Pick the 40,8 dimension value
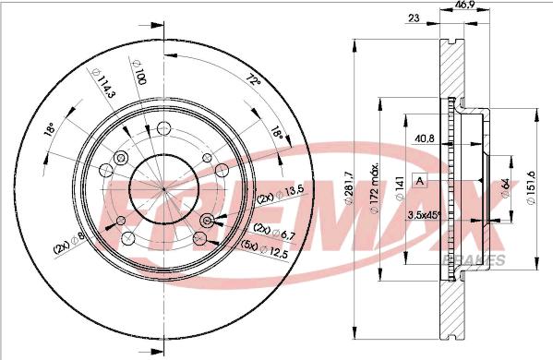click(424, 138)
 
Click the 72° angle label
click(253, 78)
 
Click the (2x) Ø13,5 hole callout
click(280, 197)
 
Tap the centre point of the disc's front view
click(164, 188)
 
